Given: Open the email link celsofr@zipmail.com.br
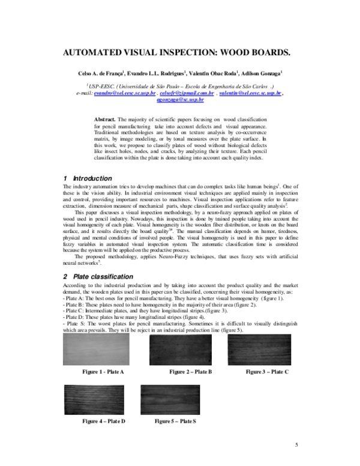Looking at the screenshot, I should tap(187, 94).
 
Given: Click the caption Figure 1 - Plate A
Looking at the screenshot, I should tap(103, 372).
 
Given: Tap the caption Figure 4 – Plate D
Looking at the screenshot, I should tap(103, 422).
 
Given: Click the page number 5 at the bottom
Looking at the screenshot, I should tap(296, 444).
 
